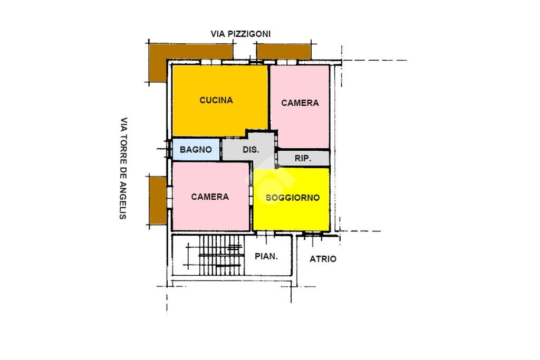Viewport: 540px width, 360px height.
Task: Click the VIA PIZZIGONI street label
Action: [x=240, y=34]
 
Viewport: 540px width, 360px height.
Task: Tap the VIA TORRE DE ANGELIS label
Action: [x=123, y=168]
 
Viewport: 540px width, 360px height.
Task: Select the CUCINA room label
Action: [x=216, y=100]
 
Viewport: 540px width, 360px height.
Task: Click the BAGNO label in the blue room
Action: [x=196, y=150]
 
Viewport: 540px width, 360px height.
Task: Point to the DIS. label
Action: [x=251, y=150]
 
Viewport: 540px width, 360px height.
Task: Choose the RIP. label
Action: [x=303, y=159]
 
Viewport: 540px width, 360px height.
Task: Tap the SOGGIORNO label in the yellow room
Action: [x=293, y=198]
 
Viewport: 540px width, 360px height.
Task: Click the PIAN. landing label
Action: [x=266, y=256]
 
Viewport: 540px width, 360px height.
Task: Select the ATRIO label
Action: [x=323, y=259]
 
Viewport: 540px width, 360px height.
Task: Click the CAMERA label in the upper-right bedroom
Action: [x=300, y=103]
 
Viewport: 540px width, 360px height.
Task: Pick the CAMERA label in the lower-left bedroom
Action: [x=210, y=197]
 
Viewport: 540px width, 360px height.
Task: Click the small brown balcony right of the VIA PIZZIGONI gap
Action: [x=284, y=52]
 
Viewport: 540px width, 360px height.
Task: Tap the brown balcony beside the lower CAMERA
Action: [x=158, y=201]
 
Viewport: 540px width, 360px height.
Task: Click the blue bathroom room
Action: [x=196, y=149]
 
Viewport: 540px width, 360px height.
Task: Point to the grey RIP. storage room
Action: [x=303, y=158]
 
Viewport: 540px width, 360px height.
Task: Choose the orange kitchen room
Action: [x=220, y=100]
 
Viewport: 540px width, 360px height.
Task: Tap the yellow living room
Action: [x=291, y=199]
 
